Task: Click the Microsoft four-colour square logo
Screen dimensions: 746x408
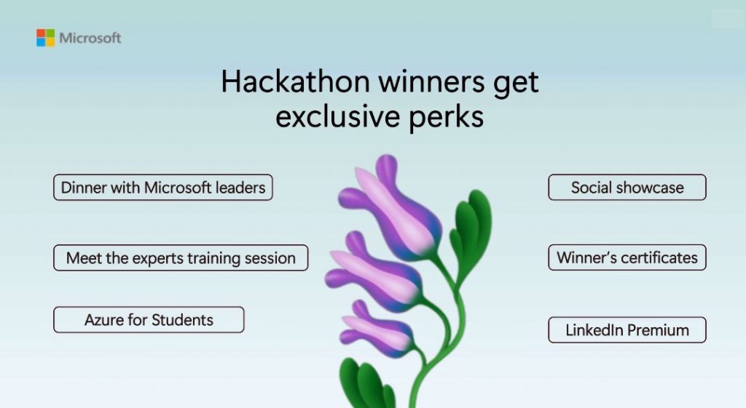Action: click(x=46, y=38)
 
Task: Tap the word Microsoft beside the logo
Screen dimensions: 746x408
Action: click(x=90, y=38)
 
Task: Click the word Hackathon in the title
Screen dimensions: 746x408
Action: click(x=296, y=81)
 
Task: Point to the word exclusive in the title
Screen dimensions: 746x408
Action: click(x=337, y=116)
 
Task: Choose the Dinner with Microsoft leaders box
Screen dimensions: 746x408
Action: click(x=163, y=187)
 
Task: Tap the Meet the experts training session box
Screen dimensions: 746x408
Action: click(x=181, y=258)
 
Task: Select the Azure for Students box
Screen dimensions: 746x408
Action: click(x=149, y=320)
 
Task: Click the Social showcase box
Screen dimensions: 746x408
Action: click(x=627, y=187)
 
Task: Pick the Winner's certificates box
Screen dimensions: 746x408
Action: click(x=627, y=257)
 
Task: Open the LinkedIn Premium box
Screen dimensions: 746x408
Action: click(x=627, y=329)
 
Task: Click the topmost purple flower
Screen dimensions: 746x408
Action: click(x=390, y=209)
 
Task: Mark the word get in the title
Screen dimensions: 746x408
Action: click(x=516, y=83)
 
